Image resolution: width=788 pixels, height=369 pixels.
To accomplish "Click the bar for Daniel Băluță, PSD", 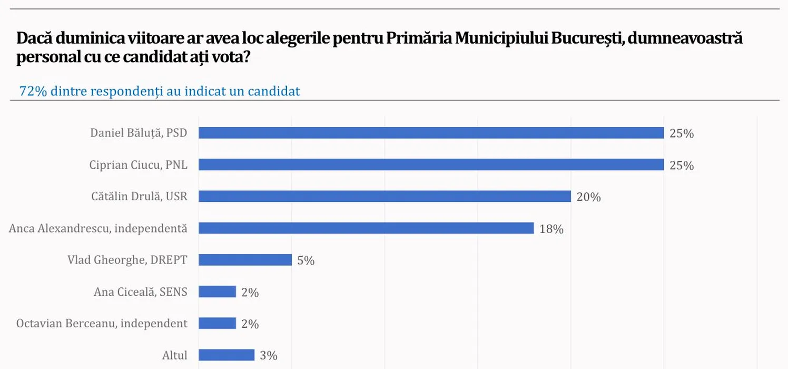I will pyautogui.click(x=431, y=133).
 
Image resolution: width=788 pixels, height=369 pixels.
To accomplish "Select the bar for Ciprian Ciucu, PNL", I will pyautogui.click(x=431, y=165).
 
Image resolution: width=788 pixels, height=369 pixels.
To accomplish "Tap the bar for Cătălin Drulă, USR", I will pyautogui.click(x=385, y=197).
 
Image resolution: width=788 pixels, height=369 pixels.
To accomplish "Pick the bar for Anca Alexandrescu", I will pyautogui.click(x=366, y=228).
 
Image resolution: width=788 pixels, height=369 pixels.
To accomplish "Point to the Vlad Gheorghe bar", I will pyautogui.click(x=245, y=260).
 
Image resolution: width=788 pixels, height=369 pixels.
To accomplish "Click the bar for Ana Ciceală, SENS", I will pyautogui.click(x=217, y=292).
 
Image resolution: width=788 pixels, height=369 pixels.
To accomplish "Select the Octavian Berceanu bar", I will pyautogui.click(x=217, y=323).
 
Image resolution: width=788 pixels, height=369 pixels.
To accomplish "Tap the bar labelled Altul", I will pyautogui.click(x=226, y=355).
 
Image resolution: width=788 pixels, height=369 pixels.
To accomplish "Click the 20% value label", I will pyautogui.click(x=588, y=197).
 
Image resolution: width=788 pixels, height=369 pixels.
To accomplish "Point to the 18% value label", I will pyautogui.click(x=551, y=229).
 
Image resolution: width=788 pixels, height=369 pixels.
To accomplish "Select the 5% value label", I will pyautogui.click(x=306, y=260).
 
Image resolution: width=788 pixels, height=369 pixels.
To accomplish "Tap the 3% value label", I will pyautogui.click(x=269, y=356).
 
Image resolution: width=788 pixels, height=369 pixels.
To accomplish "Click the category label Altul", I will pyautogui.click(x=175, y=355).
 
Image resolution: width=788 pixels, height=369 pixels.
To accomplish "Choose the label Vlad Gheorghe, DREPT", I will pyautogui.click(x=127, y=260).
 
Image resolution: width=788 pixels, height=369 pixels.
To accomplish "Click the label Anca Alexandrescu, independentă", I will pyautogui.click(x=98, y=228).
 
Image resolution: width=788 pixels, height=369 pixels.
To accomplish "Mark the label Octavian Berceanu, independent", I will pyautogui.click(x=102, y=323).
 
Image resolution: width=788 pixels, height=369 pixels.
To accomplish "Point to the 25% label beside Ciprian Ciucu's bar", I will pyautogui.click(x=682, y=166).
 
